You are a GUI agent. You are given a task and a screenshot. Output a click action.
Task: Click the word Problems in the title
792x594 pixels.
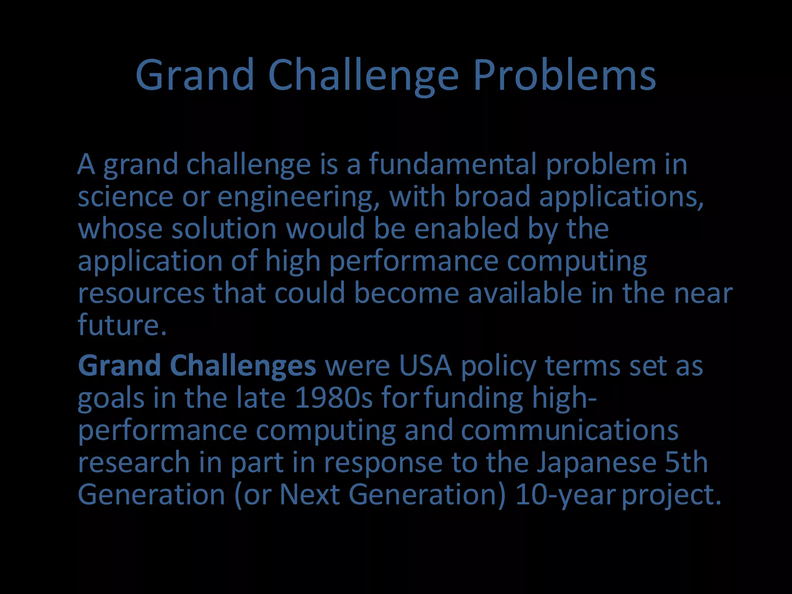(x=564, y=75)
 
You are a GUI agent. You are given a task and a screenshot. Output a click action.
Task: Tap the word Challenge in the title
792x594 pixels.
(x=363, y=75)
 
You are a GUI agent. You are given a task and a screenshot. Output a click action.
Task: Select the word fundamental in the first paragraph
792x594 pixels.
(x=452, y=165)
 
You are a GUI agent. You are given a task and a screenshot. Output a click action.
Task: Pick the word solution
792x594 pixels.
(x=224, y=229)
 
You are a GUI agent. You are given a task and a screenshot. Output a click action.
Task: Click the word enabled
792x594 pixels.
(x=466, y=229)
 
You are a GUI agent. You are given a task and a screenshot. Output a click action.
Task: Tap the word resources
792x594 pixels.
(x=141, y=293)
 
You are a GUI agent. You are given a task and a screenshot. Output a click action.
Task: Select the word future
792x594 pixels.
(x=122, y=325)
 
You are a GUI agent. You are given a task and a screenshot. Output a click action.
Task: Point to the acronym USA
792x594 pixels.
(x=425, y=366)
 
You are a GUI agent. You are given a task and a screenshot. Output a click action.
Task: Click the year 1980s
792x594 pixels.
(x=333, y=398)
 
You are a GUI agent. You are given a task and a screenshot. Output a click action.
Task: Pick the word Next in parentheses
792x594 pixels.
(x=309, y=495)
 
